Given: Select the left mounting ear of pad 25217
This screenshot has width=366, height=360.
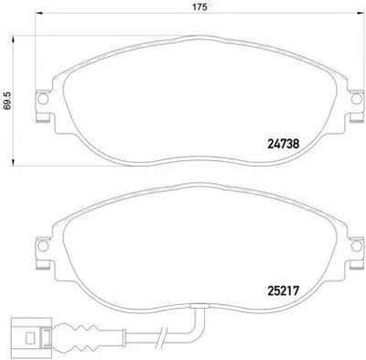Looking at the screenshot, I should pos(40,247).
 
